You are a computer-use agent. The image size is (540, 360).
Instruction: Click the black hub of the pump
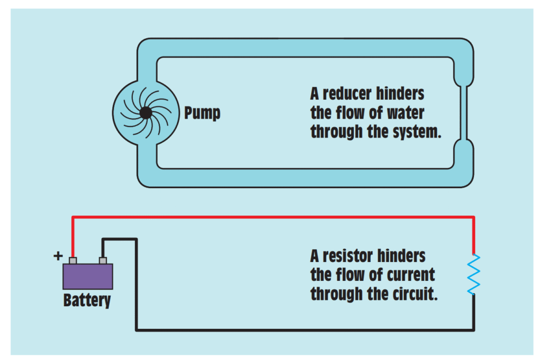click(146, 112)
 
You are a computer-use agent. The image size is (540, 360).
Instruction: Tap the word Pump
click(202, 113)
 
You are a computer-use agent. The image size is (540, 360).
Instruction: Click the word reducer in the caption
click(348, 94)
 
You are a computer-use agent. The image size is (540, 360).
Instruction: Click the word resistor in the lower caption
click(349, 256)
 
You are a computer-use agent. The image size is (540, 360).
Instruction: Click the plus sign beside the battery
click(58, 257)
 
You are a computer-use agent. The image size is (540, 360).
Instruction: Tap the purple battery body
click(88, 276)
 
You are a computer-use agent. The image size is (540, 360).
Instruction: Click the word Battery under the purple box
click(87, 300)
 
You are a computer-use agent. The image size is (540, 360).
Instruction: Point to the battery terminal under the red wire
click(73, 260)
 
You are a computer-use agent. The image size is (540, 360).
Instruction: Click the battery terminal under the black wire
click(103, 260)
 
